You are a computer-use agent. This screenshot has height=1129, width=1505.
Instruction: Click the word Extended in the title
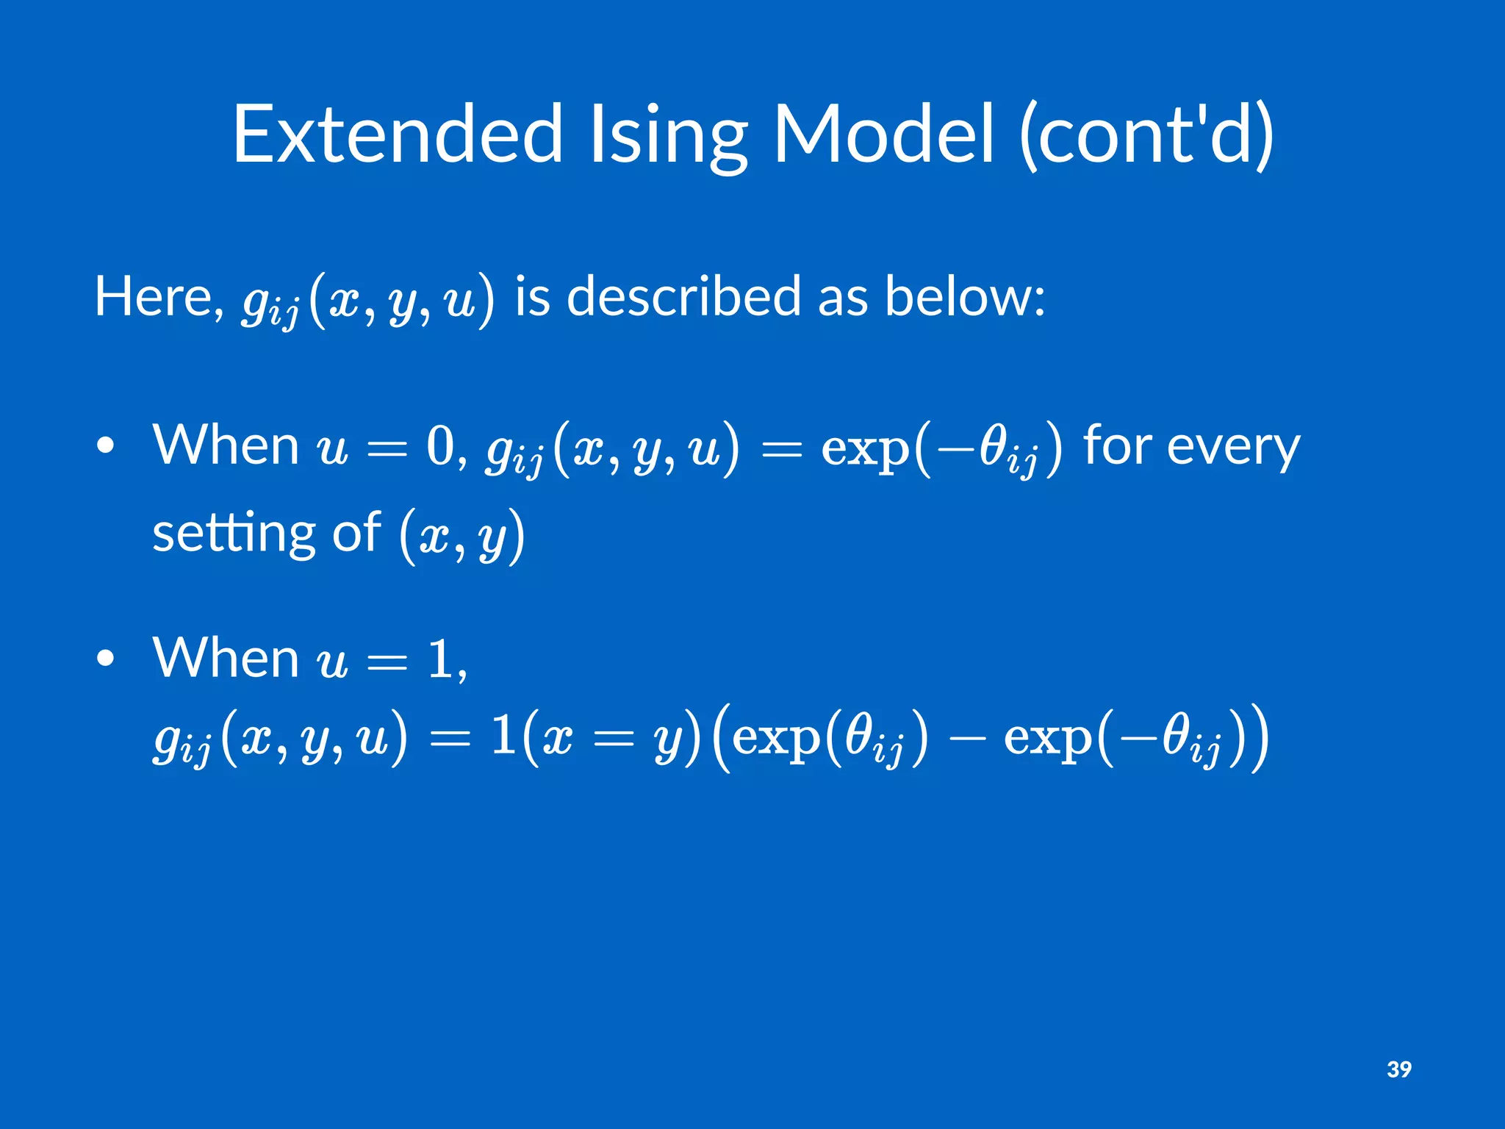click(398, 135)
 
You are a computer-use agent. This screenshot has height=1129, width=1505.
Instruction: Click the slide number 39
click(1398, 1069)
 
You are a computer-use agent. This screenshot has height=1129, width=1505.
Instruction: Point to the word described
click(683, 296)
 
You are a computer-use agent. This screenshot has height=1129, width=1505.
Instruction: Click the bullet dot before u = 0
click(106, 446)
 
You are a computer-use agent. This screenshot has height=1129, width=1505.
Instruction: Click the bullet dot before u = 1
click(106, 659)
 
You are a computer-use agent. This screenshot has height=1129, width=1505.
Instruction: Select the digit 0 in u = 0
click(441, 445)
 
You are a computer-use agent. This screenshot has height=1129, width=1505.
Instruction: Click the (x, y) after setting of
click(462, 536)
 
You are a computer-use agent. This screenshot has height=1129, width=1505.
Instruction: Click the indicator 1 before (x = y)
click(504, 735)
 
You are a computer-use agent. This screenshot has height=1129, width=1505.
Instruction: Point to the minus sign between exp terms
click(966, 738)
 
